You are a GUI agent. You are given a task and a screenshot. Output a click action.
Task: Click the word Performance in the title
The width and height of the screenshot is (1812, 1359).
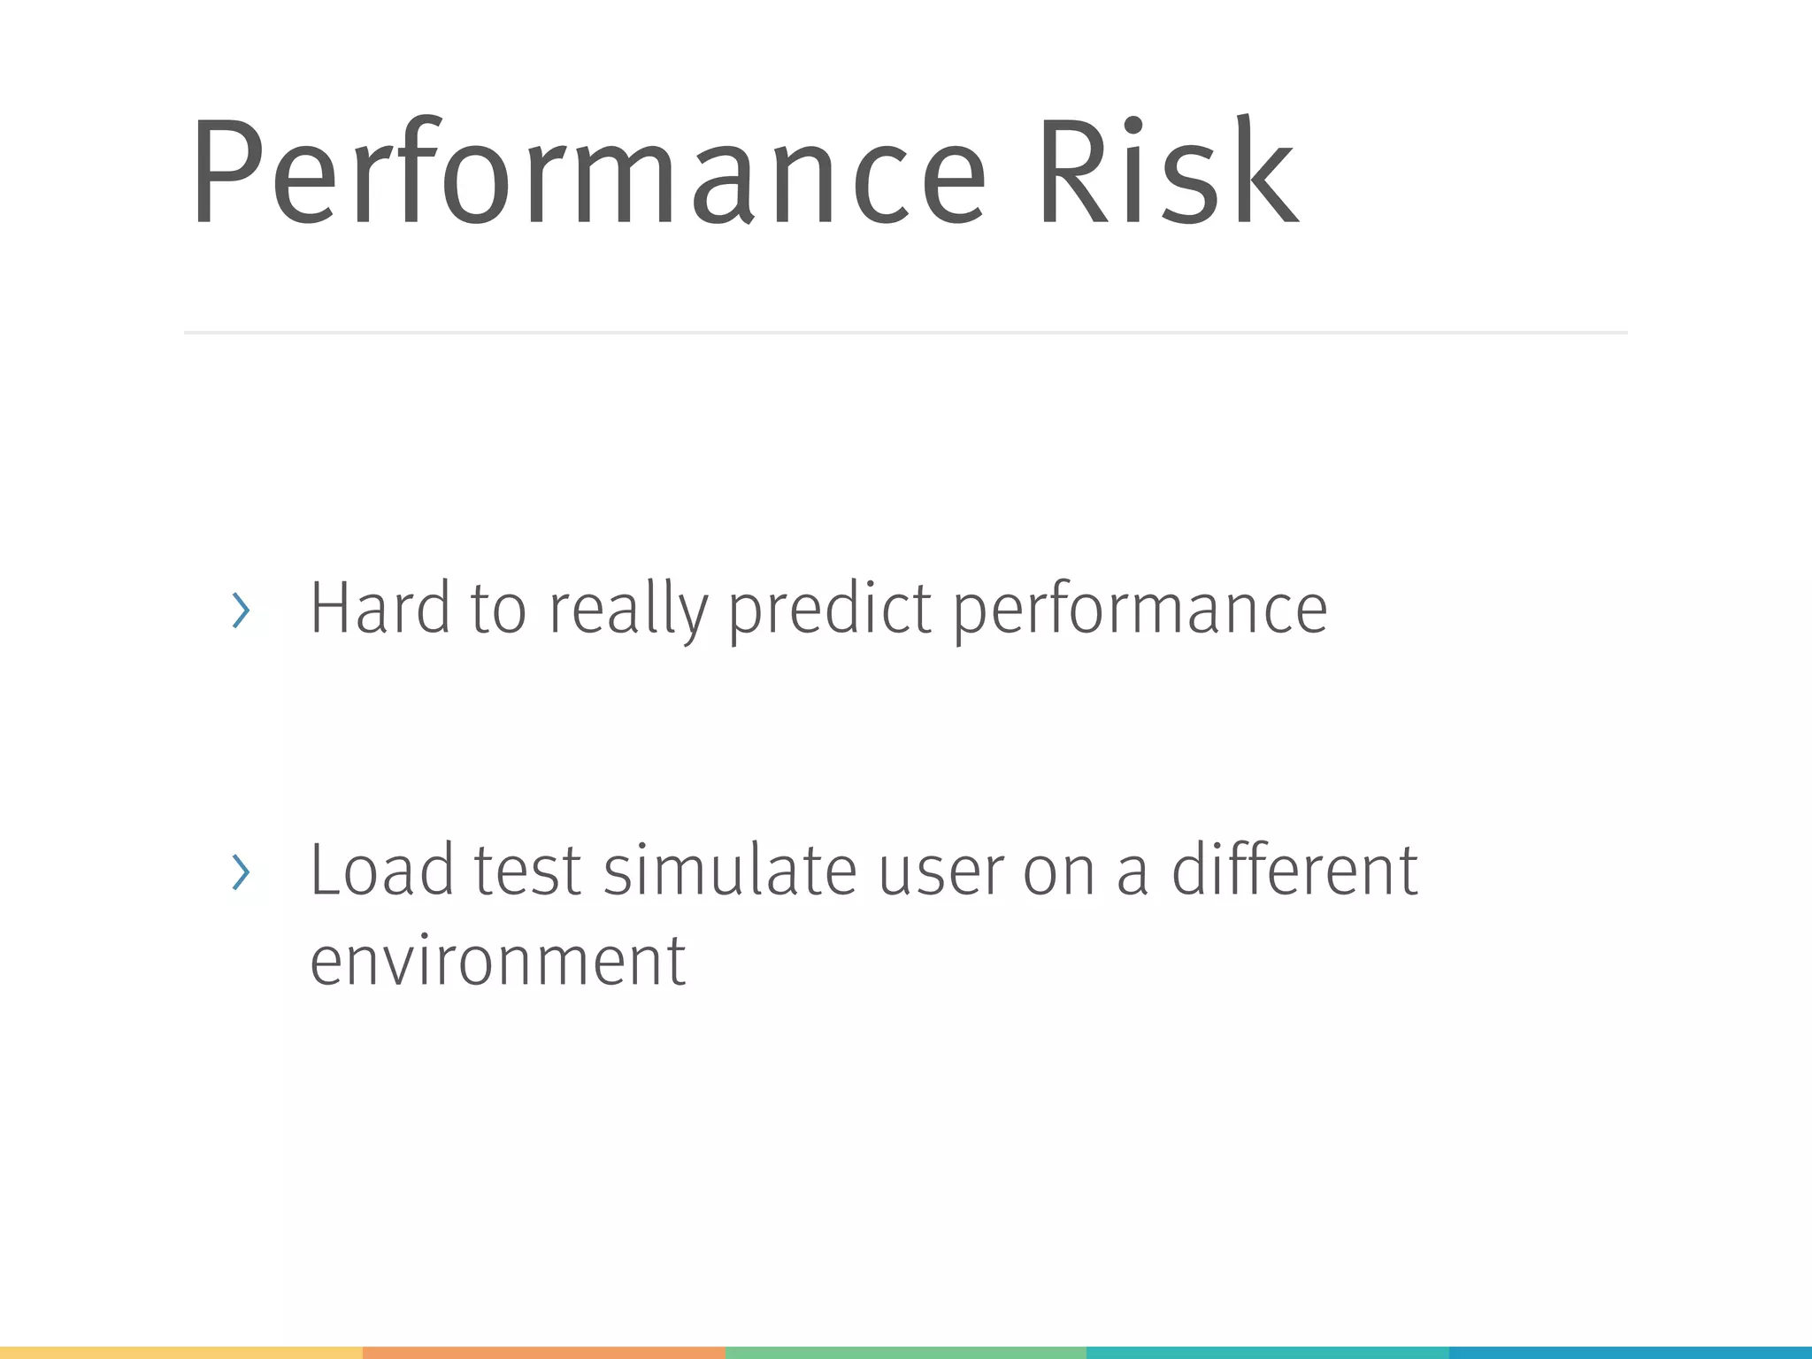point(587,175)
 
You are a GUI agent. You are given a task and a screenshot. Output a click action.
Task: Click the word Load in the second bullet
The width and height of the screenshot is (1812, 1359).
point(381,871)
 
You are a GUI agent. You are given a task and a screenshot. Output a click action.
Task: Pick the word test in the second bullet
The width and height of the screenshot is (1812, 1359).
point(527,871)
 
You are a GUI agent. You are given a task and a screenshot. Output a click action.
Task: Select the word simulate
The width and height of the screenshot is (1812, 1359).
point(730,871)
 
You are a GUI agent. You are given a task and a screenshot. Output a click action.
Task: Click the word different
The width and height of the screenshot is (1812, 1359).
point(1294,871)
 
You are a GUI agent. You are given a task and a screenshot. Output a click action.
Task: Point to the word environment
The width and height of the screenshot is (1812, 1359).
point(497,962)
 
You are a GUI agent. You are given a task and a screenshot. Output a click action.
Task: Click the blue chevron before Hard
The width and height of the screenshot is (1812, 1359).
point(240,610)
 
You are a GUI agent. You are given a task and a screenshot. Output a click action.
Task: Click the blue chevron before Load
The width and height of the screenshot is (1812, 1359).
point(240,872)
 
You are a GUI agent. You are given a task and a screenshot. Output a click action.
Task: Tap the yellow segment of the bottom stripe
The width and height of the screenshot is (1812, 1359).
point(181,1353)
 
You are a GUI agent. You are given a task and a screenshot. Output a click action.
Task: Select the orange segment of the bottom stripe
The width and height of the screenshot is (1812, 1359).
point(543,1353)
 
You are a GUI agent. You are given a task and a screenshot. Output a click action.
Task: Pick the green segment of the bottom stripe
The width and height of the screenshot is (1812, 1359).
point(905,1353)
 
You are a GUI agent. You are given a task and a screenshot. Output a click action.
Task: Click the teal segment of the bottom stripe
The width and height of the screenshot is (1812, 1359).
point(1267,1353)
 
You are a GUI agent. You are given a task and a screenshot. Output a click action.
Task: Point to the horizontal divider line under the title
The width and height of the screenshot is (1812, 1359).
point(905,333)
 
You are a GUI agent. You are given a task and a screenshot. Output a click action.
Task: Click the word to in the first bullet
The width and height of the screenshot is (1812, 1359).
point(498,610)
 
